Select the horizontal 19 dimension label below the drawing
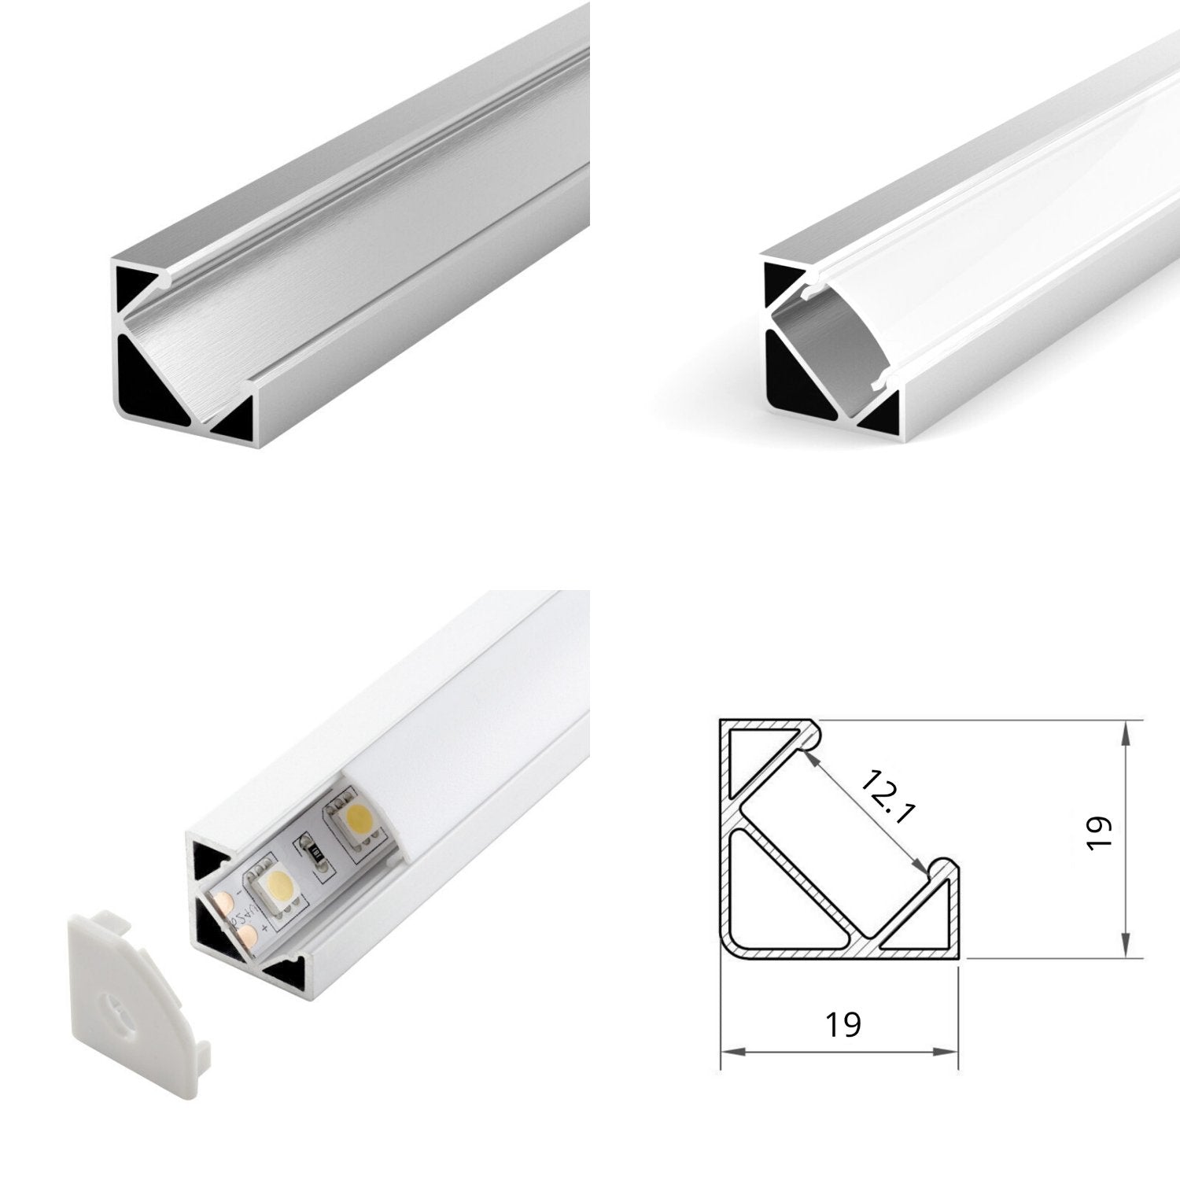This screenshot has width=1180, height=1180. pyautogui.click(x=843, y=1024)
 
